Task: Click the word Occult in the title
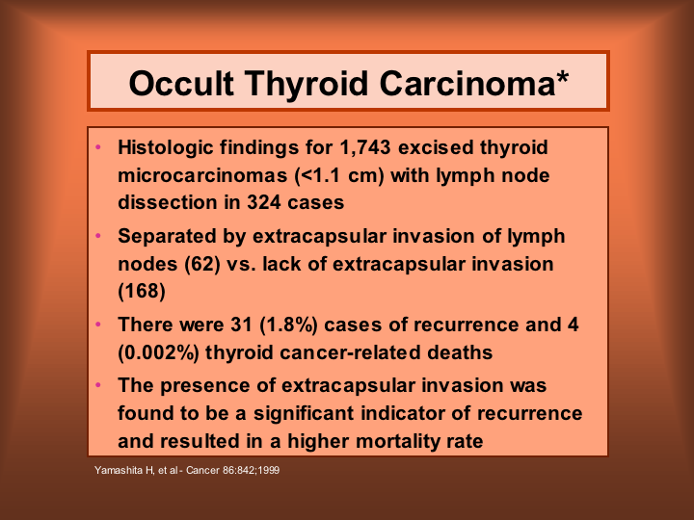(181, 83)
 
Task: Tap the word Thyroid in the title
(307, 83)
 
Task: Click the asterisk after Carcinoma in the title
(562, 76)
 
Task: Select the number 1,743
(365, 147)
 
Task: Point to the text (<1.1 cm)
(339, 175)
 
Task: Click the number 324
(263, 202)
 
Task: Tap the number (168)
(142, 292)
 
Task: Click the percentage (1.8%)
(288, 325)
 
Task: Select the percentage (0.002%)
(158, 352)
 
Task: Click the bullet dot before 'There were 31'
(98, 325)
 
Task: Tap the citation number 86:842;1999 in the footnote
(251, 470)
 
